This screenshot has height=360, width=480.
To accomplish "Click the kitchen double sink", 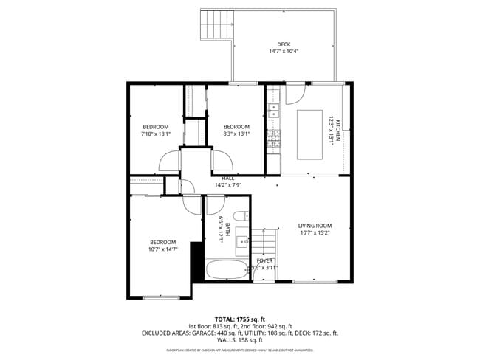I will (x=273, y=111).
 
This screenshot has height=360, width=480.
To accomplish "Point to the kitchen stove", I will (x=273, y=136).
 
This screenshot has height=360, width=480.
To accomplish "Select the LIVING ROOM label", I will (x=315, y=226).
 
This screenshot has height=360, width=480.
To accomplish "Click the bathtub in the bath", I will (x=227, y=269).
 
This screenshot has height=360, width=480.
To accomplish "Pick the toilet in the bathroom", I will (x=245, y=215).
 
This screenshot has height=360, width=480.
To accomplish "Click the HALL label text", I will (x=228, y=178).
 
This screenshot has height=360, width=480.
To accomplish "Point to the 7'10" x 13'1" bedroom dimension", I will (x=156, y=134).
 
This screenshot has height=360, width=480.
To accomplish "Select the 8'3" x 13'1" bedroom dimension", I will (x=236, y=134).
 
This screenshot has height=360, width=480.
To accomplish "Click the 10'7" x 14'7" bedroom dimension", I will (x=162, y=249).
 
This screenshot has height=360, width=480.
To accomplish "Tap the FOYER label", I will (x=264, y=260).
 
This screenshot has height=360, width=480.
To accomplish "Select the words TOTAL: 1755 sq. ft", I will (x=239, y=318).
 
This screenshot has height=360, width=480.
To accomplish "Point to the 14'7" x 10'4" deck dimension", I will (x=284, y=52).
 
